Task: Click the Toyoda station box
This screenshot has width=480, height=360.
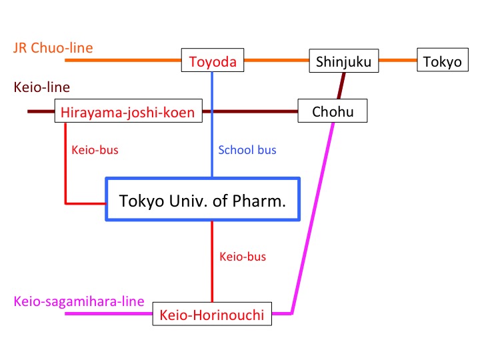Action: pyautogui.click(x=213, y=61)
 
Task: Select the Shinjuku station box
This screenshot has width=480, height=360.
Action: pyautogui.click(x=343, y=61)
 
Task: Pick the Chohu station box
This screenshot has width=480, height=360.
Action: pyautogui.click(x=333, y=111)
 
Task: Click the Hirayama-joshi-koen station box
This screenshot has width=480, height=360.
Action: pyautogui.click(x=128, y=112)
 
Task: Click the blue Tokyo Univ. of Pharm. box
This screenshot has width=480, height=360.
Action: pyautogui.click(x=202, y=199)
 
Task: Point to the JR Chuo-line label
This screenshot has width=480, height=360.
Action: pyautogui.click(x=53, y=47)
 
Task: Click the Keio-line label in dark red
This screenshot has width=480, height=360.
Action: pyautogui.click(x=41, y=87)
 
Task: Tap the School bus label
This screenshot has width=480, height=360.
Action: pyautogui.click(x=247, y=150)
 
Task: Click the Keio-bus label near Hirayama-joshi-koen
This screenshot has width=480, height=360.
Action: pyautogui.click(x=95, y=150)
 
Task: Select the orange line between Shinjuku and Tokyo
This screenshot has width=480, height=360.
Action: pyautogui.click(x=398, y=61)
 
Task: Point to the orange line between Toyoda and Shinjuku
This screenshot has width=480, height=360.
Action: pyautogui.click(x=277, y=61)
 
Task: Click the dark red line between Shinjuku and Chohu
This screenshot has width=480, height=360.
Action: pyautogui.click(x=342, y=85)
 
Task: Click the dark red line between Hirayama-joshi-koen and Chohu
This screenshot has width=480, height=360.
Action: pyautogui.click(x=250, y=111)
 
